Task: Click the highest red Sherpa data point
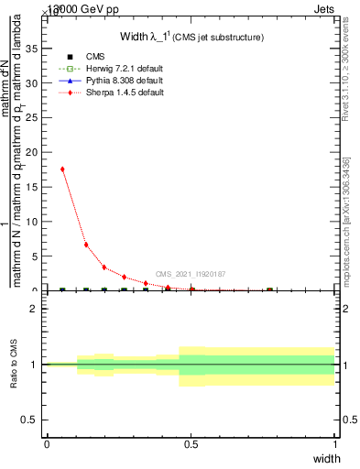point(62,169)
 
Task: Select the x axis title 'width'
point(326,457)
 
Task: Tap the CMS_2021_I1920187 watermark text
point(190,274)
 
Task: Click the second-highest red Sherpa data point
point(86,245)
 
